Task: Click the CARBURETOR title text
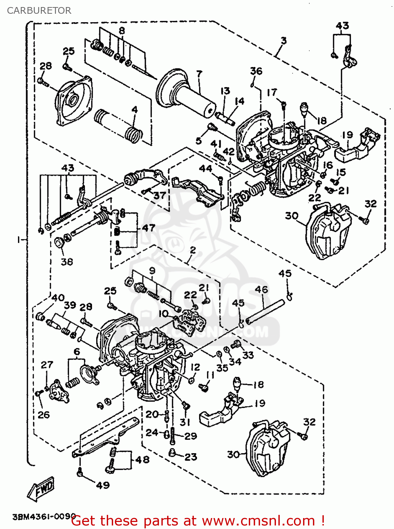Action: point(39,11)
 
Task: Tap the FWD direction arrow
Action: point(42,489)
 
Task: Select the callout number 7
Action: point(199,74)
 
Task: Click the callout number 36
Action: point(256,71)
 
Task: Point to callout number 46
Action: point(261,290)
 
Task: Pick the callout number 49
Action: point(103,485)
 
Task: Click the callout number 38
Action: point(67,261)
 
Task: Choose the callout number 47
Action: point(149,228)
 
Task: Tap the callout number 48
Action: point(142,460)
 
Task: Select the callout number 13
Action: point(225,91)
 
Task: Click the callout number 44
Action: point(206,168)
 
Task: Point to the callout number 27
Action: point(47,365)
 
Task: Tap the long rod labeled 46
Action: point(265,311)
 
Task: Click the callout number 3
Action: point(284,41)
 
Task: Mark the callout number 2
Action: point(193,250)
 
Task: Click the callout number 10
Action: point(163,314)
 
